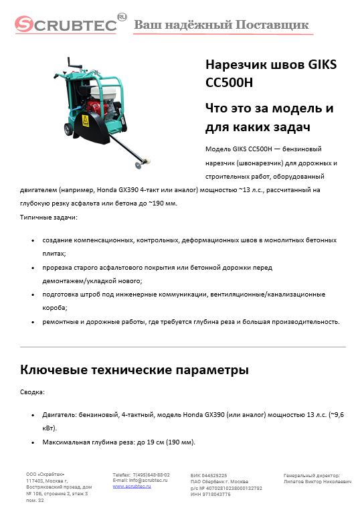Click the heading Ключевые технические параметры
tap(134, 369)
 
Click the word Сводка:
tap(33, 392)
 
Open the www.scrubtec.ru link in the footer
tap(131, 486)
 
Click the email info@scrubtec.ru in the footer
tap(141, 480)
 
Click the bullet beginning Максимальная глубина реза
tap(118, 442)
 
